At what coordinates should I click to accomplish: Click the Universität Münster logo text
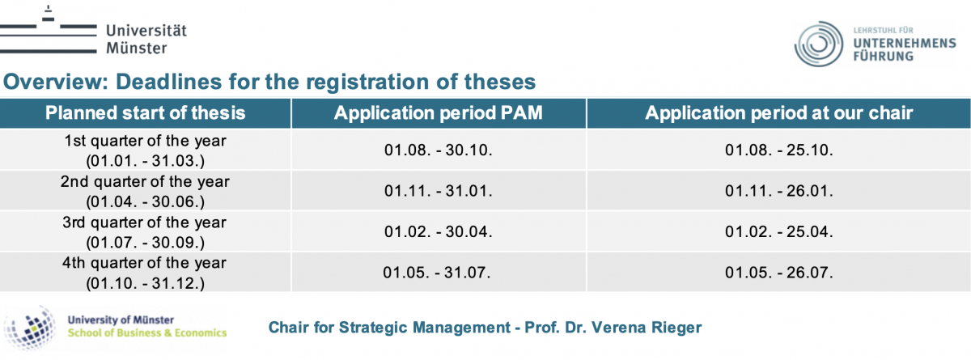tap(146, 39)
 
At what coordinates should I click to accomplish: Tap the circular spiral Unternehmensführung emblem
tap(818, 44)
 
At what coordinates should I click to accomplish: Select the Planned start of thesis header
tap(145, 113)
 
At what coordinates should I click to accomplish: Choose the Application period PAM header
tap(439, 113)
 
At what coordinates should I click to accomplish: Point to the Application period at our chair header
tap(779, 113)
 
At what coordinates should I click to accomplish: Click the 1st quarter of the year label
tap(145, 141)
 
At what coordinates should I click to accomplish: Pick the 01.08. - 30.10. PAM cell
tap(439, 150)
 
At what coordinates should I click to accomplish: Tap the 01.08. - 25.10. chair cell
tap(779, 150)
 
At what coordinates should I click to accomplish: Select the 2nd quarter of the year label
tap(145, 181)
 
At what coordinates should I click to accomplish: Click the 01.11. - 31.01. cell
tap(439, 191)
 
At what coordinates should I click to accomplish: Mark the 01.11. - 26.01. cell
tap(779, 191)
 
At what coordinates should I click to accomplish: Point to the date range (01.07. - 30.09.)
tap(145, 243)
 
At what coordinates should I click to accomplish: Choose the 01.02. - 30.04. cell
tap(439, 231)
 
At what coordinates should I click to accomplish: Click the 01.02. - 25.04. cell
tap(779, 231)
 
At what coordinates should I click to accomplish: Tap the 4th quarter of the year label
tap(144, 263)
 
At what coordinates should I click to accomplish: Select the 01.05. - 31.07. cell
tap(437, 273)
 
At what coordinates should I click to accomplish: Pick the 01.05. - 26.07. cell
tap(779, 273)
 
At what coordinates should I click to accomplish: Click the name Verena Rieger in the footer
tap(647, 328)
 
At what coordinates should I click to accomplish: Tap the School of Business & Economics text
tap(147, 332)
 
